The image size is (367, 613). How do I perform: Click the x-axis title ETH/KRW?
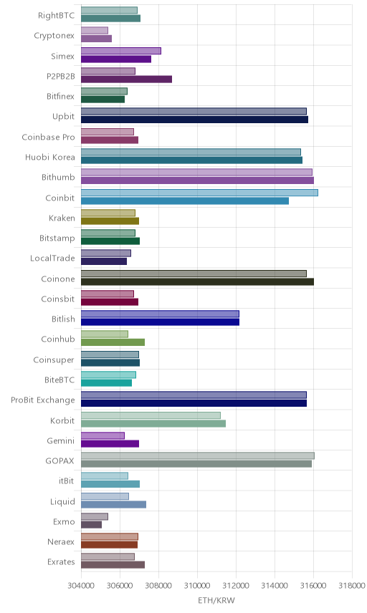point(216,600)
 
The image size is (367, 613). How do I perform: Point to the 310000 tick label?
point(197,585)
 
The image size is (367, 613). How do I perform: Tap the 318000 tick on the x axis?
point(352,585)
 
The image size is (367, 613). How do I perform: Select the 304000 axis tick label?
point(82,585)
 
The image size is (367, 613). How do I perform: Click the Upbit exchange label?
point(63,117)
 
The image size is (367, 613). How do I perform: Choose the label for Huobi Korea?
point(49,157)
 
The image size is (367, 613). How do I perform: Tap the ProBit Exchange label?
point(42,400)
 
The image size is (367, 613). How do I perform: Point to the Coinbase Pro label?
point(48,137)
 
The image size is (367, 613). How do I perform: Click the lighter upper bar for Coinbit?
point(199,193)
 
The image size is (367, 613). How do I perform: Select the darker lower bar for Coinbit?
point(185,201)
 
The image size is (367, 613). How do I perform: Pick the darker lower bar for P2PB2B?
point(126,79)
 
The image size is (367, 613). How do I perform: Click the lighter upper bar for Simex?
point(121,52)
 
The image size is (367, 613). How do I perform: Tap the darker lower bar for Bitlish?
point(160,322)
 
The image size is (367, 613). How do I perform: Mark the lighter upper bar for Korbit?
point(151,415)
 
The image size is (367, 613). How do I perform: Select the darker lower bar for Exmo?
point(92,525)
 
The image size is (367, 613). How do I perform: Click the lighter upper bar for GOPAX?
point(198,456)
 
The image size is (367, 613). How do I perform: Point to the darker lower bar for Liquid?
point(113,504)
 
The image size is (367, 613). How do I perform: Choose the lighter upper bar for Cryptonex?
point(95,31)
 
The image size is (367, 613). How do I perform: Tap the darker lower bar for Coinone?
point(198,281)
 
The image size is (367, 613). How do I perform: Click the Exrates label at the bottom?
point(61,561)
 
